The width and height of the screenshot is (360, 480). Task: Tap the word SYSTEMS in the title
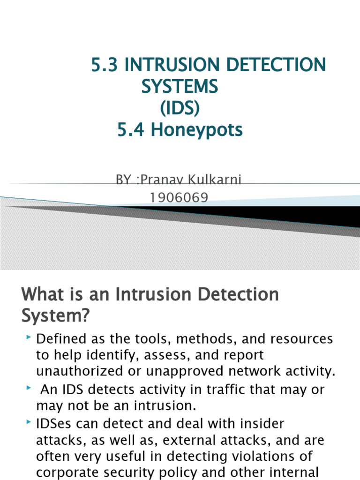(x=180, y=87)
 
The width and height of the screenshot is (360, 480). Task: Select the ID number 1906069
(x=179, y=198)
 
